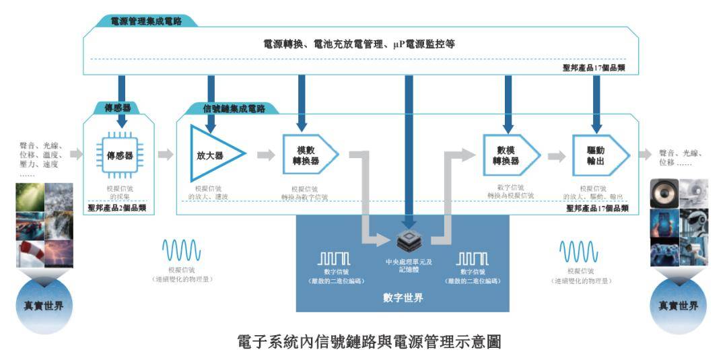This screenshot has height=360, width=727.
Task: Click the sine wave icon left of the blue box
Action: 181,251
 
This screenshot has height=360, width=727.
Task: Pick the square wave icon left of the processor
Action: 334,258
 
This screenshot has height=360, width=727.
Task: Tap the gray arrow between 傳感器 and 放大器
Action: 166,155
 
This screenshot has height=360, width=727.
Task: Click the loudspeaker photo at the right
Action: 663,193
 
